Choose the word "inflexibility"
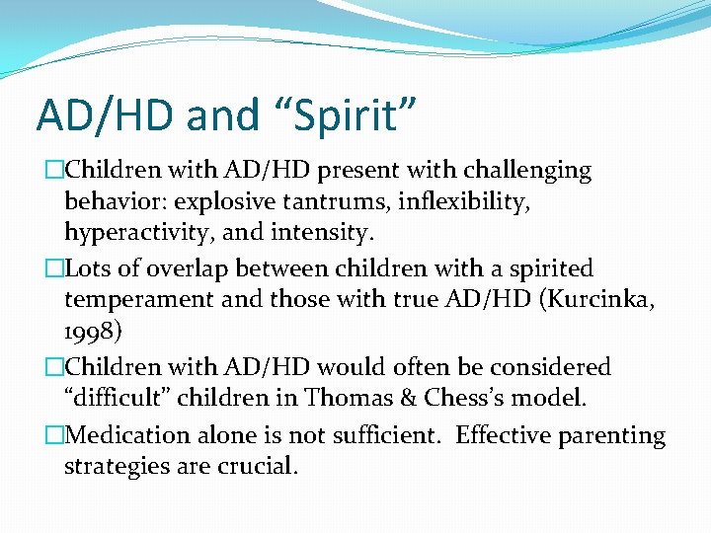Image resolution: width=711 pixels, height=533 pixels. pyautogui.click(x=469, y=202)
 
